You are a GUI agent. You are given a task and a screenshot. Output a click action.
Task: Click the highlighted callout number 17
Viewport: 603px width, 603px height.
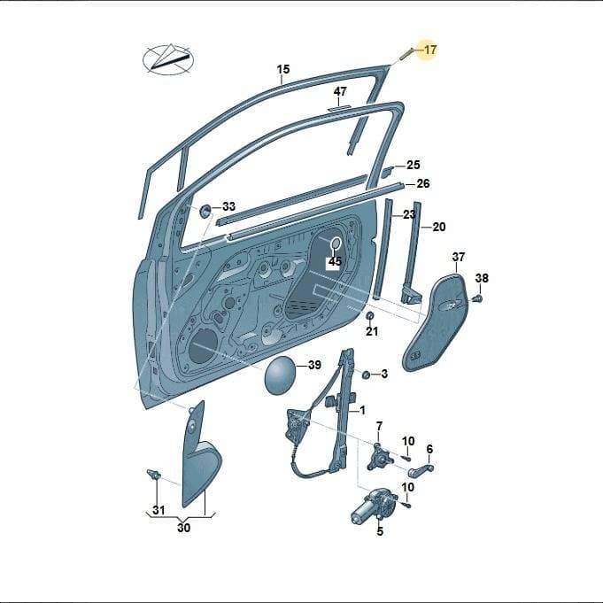coord(430,50)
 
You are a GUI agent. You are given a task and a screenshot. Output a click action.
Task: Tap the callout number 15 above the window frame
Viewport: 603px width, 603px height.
coord(283,70)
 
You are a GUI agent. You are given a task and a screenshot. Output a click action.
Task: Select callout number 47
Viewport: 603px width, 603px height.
coord(340,91)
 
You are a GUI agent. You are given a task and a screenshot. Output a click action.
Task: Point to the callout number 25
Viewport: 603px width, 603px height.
coord(414,165)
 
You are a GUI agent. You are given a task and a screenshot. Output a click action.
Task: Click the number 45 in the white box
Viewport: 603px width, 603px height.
coord(335,261)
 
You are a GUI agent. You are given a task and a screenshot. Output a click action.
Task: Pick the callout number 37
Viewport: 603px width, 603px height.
coord(459,257)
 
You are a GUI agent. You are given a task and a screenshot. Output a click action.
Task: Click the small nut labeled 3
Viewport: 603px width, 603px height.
coord(367,374)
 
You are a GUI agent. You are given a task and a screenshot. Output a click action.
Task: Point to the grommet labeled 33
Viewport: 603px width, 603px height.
coord(205,211)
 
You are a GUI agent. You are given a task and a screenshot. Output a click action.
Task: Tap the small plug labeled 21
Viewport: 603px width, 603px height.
coord(369,315)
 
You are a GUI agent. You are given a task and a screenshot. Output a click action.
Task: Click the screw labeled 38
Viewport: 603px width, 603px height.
coord(478,298)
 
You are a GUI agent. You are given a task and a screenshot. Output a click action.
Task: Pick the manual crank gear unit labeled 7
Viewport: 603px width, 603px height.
coord(377,457)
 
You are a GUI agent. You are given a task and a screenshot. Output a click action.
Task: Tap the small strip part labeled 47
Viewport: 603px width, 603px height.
coord(338,108)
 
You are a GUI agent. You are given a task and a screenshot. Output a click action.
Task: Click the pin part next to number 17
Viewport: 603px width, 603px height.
coord(406,53)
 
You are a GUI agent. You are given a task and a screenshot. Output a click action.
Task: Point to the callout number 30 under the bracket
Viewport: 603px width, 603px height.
coord(184,527)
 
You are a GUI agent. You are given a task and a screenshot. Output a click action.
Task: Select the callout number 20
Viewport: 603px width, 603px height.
coord(439,227)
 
